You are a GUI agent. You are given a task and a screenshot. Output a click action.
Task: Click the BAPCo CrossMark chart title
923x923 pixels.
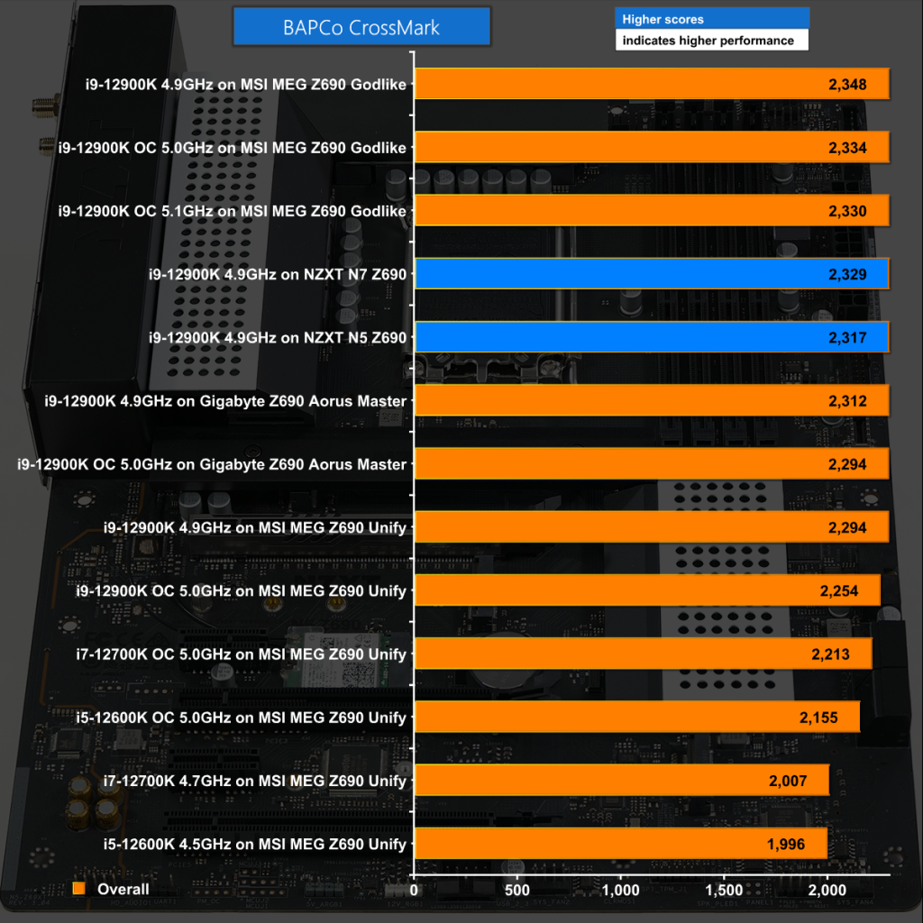(x=361, y=27)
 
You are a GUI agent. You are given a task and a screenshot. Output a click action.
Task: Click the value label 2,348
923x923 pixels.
(x=846, y=85)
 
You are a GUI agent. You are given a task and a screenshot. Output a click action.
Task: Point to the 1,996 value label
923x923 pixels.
(x=785, y=844)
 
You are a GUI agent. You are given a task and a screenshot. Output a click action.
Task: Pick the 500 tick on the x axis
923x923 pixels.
(x=517, y=890)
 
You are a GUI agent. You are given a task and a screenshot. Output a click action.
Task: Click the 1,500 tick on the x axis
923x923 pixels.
(x=724, y=890)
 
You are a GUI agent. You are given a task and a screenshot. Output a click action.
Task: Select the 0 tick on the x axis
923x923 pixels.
(x=414, y=890)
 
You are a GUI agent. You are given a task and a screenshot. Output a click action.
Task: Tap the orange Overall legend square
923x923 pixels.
(x=79, y=889)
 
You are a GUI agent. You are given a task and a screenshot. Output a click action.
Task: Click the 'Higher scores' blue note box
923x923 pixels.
(x=711, y=19)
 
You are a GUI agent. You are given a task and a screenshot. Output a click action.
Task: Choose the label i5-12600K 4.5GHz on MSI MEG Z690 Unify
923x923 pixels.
(x=254, y=844)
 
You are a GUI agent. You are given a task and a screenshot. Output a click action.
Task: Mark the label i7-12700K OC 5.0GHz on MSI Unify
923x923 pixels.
(x=254, y=654)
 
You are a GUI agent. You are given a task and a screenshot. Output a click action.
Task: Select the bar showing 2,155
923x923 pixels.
(x=635, y=717)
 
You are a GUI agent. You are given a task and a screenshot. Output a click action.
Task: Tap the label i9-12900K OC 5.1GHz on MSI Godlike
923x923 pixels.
(x=232, y=211)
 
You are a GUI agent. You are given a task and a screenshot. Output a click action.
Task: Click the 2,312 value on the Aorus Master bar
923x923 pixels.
(x=846, y=401)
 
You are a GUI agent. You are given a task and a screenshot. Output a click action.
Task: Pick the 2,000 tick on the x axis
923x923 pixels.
(x=827, y=890)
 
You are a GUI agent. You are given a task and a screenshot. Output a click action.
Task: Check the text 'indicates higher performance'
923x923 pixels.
(x=708, y=41)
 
